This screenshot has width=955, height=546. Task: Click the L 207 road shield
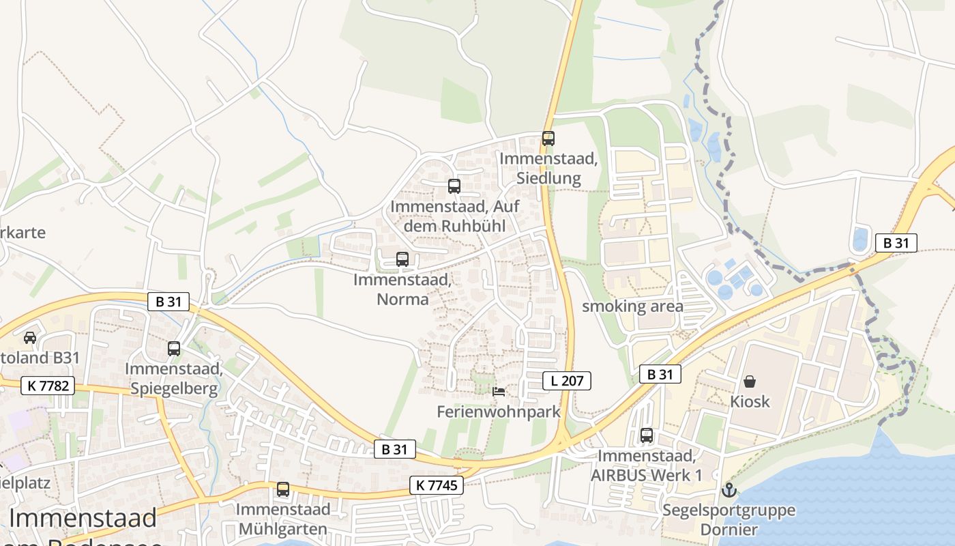[567, 381]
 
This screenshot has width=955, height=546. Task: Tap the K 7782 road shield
[48, 386]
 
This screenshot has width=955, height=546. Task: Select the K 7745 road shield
[437, 485]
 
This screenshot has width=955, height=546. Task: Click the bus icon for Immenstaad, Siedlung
[548, 139]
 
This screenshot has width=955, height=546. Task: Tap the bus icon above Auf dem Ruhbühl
[454, 186]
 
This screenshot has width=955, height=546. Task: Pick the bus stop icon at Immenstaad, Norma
[402, 259]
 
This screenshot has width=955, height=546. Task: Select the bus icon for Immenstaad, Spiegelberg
[174, 349]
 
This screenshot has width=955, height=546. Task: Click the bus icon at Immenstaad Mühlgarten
[283, 489]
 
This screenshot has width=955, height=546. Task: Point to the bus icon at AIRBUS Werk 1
[647, 435]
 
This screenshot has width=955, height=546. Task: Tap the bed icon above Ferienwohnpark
[499, 392]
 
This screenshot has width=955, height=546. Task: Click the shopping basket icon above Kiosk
[750, 381]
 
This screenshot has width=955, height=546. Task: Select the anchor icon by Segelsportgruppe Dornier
[729, 490]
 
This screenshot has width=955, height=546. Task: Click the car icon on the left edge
[30, 337]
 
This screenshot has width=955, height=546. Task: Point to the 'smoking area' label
[632, 306]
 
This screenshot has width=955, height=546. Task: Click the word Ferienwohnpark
[499, 412]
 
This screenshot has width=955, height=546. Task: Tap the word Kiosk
[750, 401]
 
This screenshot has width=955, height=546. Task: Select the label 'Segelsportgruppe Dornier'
[729, 520]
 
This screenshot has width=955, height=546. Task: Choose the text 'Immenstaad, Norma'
[402, 289]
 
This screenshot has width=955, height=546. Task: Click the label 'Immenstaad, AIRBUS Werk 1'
[647, 465]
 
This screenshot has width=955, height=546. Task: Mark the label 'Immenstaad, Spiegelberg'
[174, 379]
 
